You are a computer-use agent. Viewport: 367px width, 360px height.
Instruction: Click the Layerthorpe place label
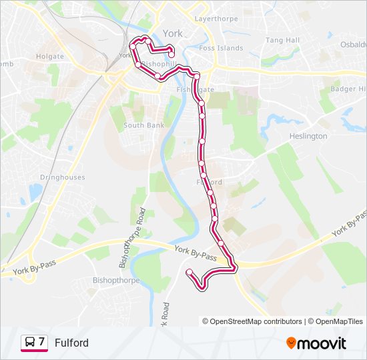point(216,19)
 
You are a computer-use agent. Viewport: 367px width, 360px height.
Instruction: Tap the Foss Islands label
point(222,48)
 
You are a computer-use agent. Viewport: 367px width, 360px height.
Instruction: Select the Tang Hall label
point(282,41)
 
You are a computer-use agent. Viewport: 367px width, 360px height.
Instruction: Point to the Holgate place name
point(50,57)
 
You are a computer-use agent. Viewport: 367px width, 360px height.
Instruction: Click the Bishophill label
point(158,64)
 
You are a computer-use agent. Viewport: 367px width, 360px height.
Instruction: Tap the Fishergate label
point(196,89)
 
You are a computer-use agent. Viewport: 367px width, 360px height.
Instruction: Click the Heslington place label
point(308,136)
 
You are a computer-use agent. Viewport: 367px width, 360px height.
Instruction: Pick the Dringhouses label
point(62,177)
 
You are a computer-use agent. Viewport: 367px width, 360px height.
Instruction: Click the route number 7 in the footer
point(41,342)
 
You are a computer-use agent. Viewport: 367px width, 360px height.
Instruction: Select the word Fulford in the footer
point(71,343)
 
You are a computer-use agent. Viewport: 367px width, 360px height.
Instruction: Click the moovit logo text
point(322,343)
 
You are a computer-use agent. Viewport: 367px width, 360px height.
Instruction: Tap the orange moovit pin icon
point(292,343)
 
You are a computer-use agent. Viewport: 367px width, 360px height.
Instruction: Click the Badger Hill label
point(348,89)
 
